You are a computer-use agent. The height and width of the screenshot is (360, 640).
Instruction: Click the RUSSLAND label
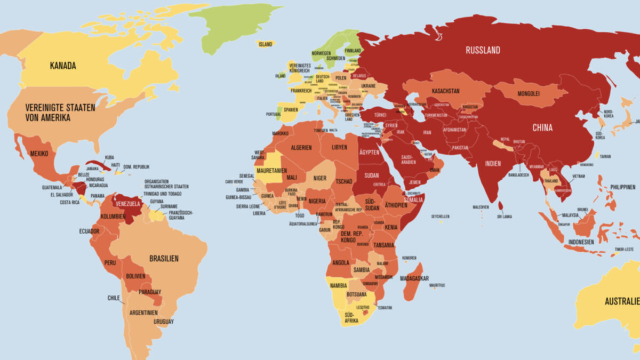(x=483, y=50)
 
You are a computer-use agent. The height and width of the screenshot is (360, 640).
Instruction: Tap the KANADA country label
(x=63, y=66)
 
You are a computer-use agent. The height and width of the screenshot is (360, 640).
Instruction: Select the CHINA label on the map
(x=542, y=128)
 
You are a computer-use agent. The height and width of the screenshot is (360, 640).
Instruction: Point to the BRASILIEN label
(x=164, y=259)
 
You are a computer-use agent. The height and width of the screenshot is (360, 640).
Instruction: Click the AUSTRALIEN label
(x=622, y=301)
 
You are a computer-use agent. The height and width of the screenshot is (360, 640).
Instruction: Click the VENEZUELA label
(x=128, y=204)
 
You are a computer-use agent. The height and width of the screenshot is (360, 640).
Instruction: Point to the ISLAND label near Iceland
(x=265, y=44)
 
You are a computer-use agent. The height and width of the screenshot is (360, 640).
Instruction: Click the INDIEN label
(x=493, y=164)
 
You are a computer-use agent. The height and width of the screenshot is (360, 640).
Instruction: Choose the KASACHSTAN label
(x=445, y=91)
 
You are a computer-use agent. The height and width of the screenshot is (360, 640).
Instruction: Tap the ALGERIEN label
(x=301, y=148)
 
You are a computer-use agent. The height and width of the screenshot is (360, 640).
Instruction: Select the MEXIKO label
(x=39, y=154)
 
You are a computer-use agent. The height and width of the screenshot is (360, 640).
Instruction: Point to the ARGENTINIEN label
(x=143, y=312)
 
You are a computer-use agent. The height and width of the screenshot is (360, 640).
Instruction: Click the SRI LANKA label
(x=505, y=217)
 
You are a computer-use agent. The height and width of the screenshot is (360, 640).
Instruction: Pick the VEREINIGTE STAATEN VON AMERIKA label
(x=52, y=113)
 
